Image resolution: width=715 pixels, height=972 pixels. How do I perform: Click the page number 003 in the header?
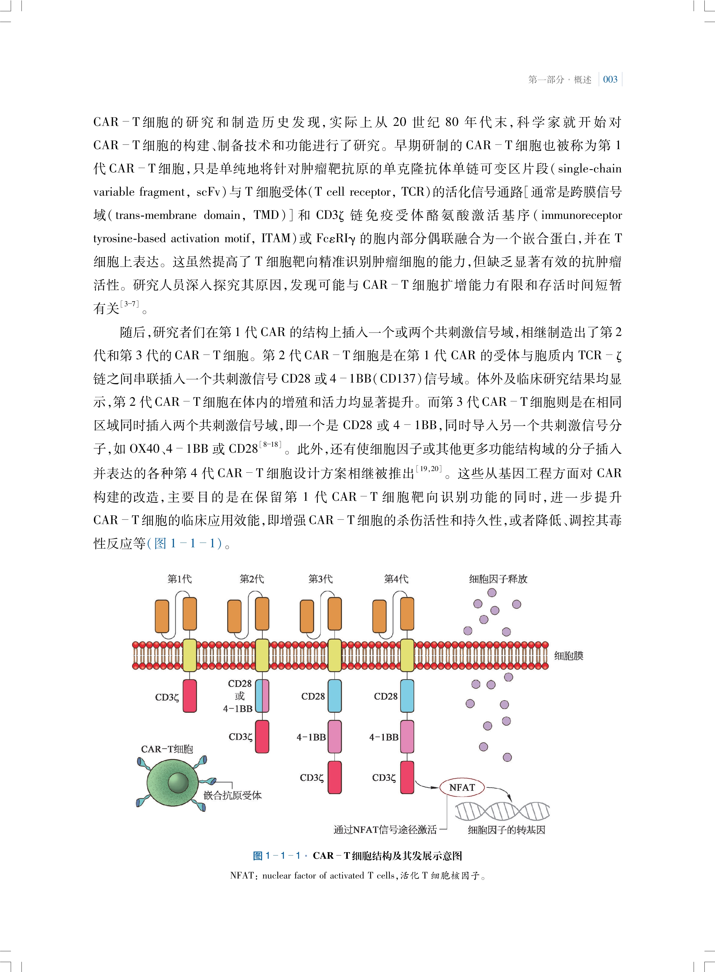tap(610, 80)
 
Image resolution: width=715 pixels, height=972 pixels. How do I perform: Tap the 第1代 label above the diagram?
tap(179, 579)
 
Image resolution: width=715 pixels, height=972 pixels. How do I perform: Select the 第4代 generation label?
tap(396, 579)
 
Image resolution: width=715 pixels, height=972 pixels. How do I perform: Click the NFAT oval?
tap(462, 788)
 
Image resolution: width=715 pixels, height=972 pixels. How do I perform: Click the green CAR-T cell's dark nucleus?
tap(178, 783)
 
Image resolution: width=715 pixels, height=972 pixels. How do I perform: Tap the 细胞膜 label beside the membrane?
tap(569, 656)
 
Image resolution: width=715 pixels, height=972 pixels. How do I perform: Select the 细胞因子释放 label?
tap(498, 579)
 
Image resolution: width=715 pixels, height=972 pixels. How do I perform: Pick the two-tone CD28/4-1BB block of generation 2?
tap(262, 696)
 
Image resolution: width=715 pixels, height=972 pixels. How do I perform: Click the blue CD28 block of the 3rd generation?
tap(334, 696)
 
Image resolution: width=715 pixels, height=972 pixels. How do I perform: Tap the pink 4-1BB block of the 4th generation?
tap(407, 737)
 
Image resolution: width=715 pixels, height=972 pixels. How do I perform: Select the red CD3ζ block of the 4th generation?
tap(407, 778)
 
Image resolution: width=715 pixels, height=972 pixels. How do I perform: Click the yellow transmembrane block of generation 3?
tap(334, 655)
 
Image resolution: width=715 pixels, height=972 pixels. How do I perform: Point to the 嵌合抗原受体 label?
tap(232, 795)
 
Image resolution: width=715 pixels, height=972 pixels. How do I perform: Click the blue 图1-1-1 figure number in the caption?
tap(277, 855)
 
